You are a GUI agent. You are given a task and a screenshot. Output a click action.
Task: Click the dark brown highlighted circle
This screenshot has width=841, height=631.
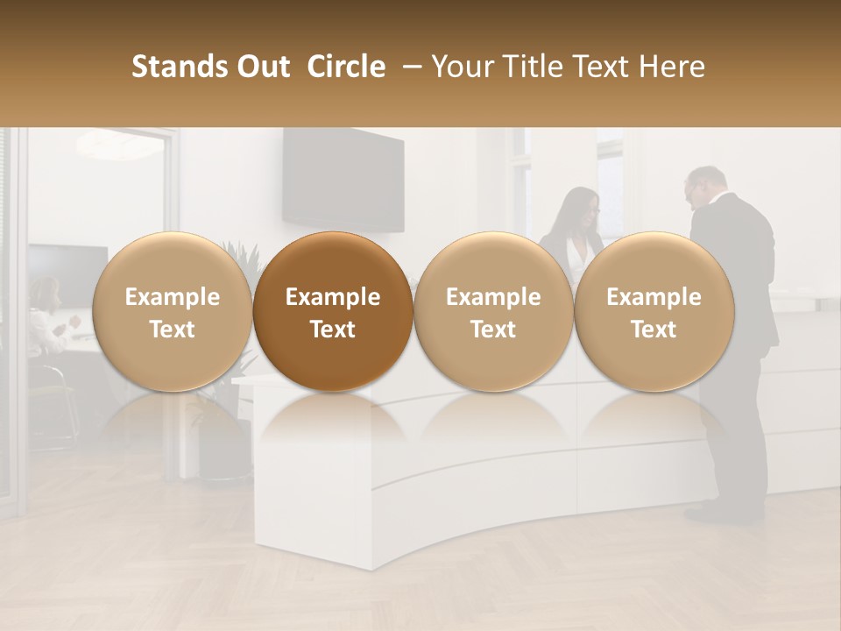333,312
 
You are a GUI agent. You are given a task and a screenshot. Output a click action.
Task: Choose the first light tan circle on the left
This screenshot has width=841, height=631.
172,312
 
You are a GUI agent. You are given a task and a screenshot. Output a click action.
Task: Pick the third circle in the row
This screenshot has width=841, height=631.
493,312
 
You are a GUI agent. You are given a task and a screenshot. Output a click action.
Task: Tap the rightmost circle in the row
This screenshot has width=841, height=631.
654,312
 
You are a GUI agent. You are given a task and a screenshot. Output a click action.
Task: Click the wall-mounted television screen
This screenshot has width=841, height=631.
343,180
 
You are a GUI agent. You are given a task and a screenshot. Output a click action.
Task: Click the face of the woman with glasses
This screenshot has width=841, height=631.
586,209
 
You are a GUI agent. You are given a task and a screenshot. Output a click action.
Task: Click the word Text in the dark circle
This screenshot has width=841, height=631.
333,330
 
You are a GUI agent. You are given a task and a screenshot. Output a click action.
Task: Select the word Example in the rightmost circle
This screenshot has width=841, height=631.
654,297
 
